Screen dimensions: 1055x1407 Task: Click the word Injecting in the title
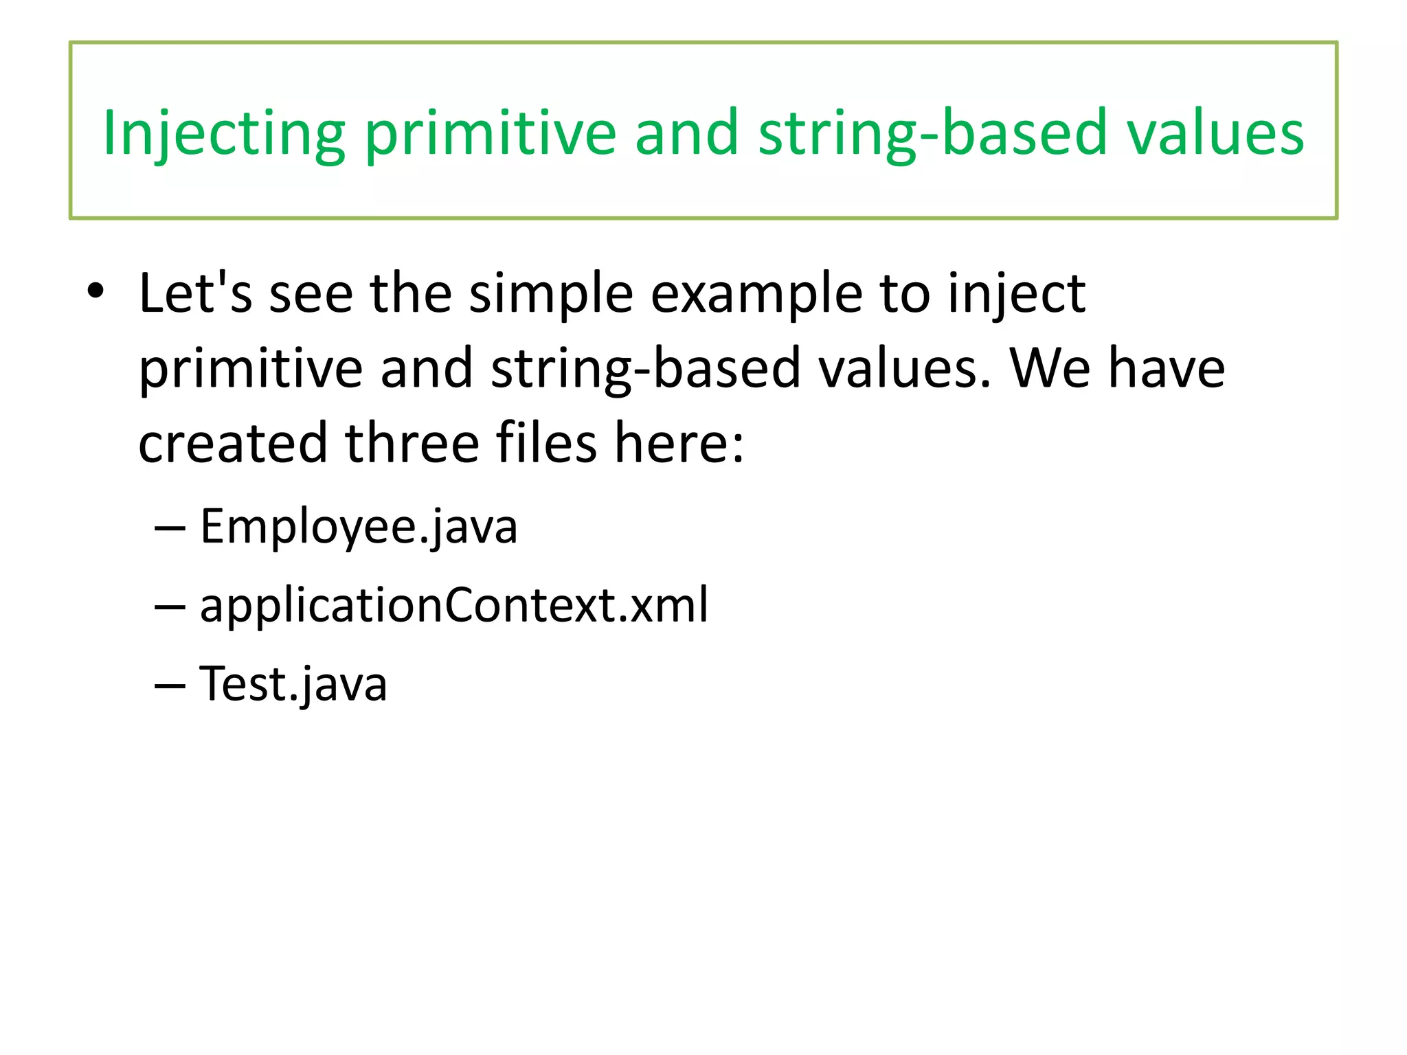click(223, 133)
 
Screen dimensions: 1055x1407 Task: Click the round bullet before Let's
click(95, 292)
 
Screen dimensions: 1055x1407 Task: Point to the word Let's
click(195, 293)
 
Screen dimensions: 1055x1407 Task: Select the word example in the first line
click(756, 293)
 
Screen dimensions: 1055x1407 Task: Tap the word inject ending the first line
click(1016, 293)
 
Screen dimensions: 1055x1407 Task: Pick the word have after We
click(1167, 368)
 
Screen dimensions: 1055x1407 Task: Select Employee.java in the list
click(358, 527)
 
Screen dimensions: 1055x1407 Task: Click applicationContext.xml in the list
click(453, 605)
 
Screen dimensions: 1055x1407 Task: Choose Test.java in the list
click(293, 683)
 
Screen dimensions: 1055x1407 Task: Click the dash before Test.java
click(170, 685)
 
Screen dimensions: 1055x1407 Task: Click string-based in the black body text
click(646, 368)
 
